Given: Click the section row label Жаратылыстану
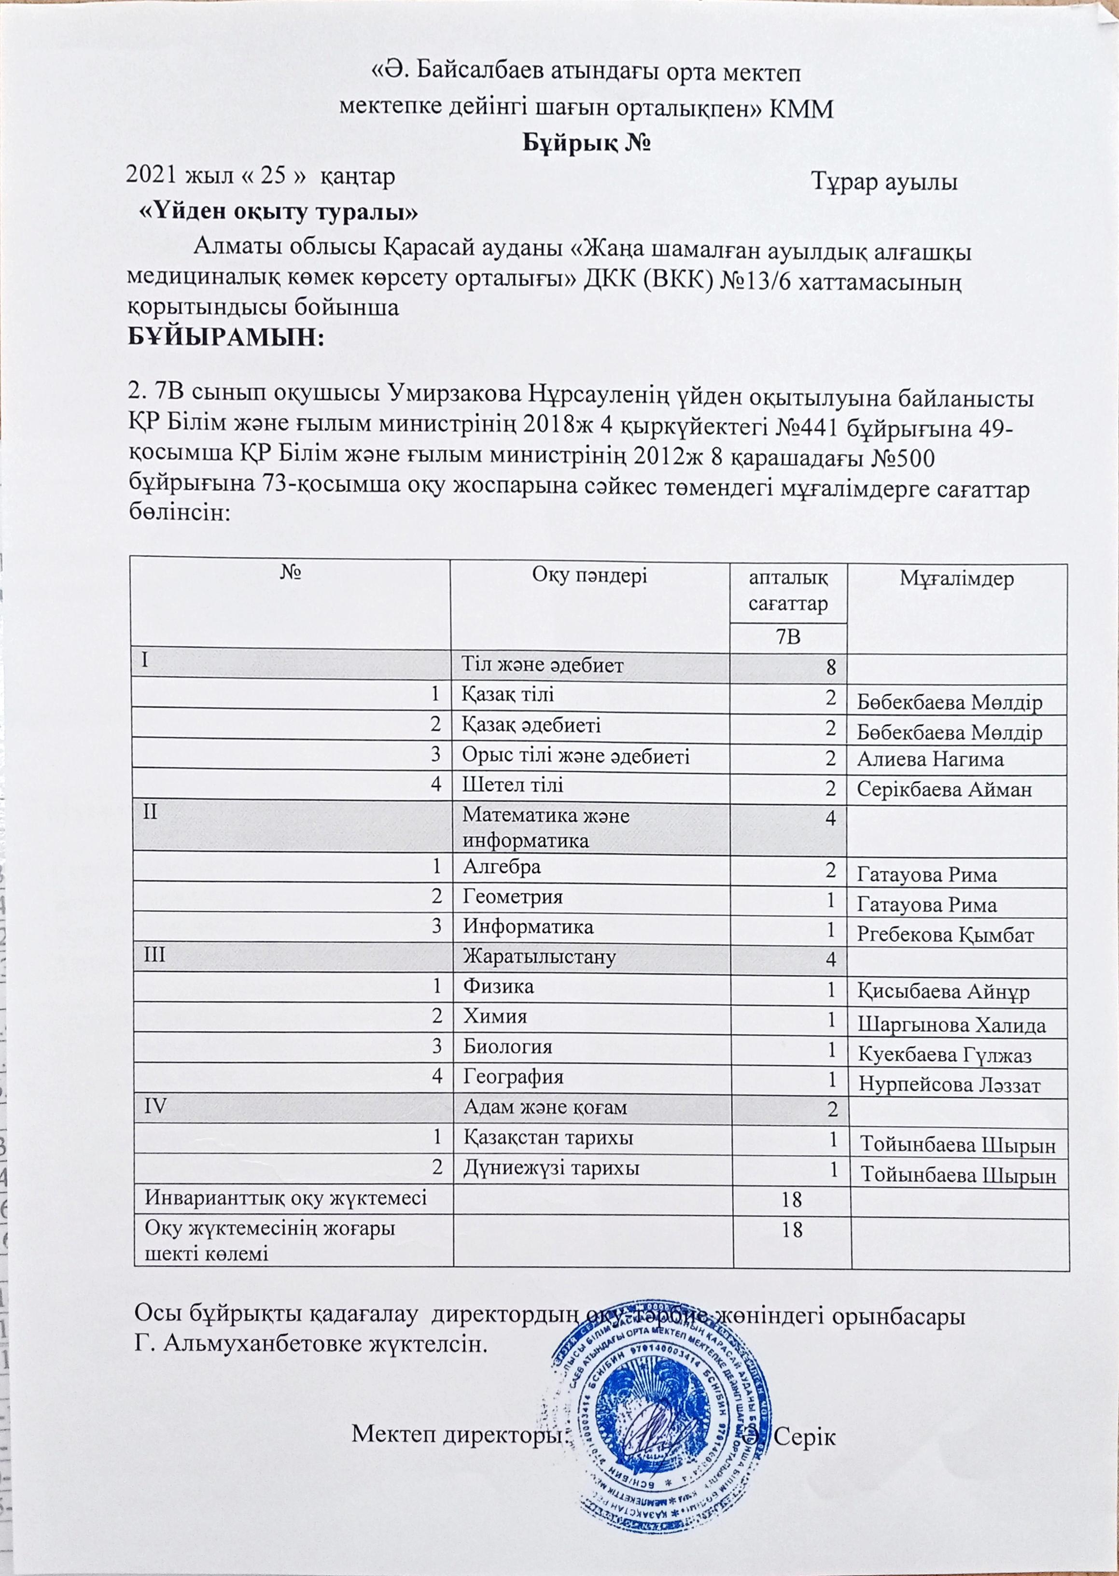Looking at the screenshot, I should (x=539, y=957).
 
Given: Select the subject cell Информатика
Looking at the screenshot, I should (x=528, y=927).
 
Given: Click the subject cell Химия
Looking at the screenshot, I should (x=495, y=1016).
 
